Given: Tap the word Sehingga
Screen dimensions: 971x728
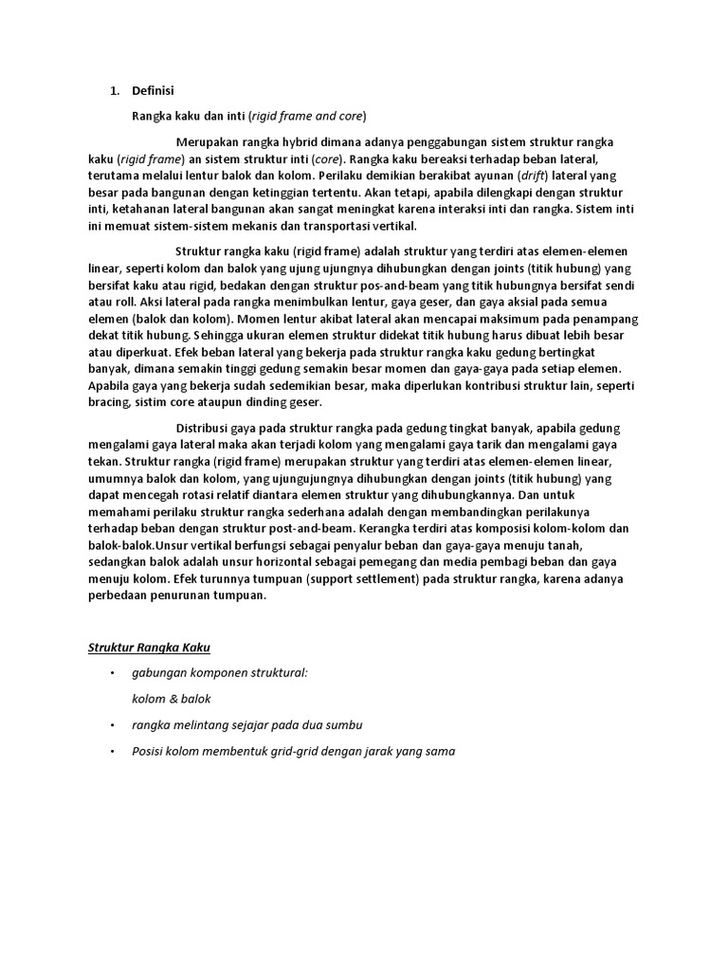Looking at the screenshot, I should pyautogui.click(x=220, y=336).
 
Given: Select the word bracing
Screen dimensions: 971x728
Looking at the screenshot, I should pyautogui.click(x=108, y=404).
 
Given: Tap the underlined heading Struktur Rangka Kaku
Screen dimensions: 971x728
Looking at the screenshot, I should pyautogui.click(x=149, y=648).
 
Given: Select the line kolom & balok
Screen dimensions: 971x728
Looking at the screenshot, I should pyautogui.click(x=172, y=699).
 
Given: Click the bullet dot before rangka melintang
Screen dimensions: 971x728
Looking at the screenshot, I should pyautogui.click(x=111, y=724).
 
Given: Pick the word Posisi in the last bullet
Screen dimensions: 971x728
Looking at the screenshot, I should pyautogui.click(x=151, y=751).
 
